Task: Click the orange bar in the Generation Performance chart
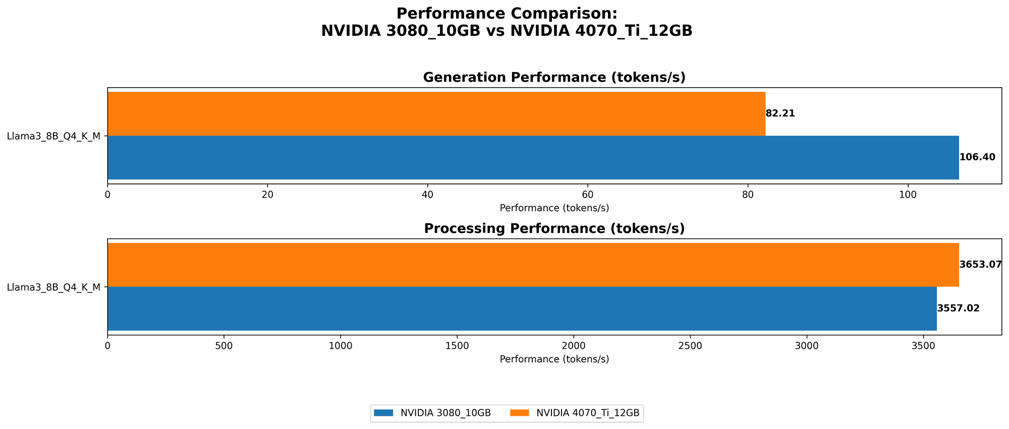[436, 113]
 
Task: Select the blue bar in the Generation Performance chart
[533, 157]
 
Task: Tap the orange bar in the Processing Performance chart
[533, 265]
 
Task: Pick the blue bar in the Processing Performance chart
[522, 309]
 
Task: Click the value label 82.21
[780, 113]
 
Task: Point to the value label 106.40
[977, 157]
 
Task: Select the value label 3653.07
[980, 265]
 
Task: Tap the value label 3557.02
[958, 309]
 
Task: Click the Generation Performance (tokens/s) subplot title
[554, 78]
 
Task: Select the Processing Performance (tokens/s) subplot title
[554, 229]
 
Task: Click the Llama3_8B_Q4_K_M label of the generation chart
[53, 136]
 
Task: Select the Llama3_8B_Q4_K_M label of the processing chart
[53, 287]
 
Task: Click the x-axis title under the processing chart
[554, 359]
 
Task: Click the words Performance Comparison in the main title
[506, 14]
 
